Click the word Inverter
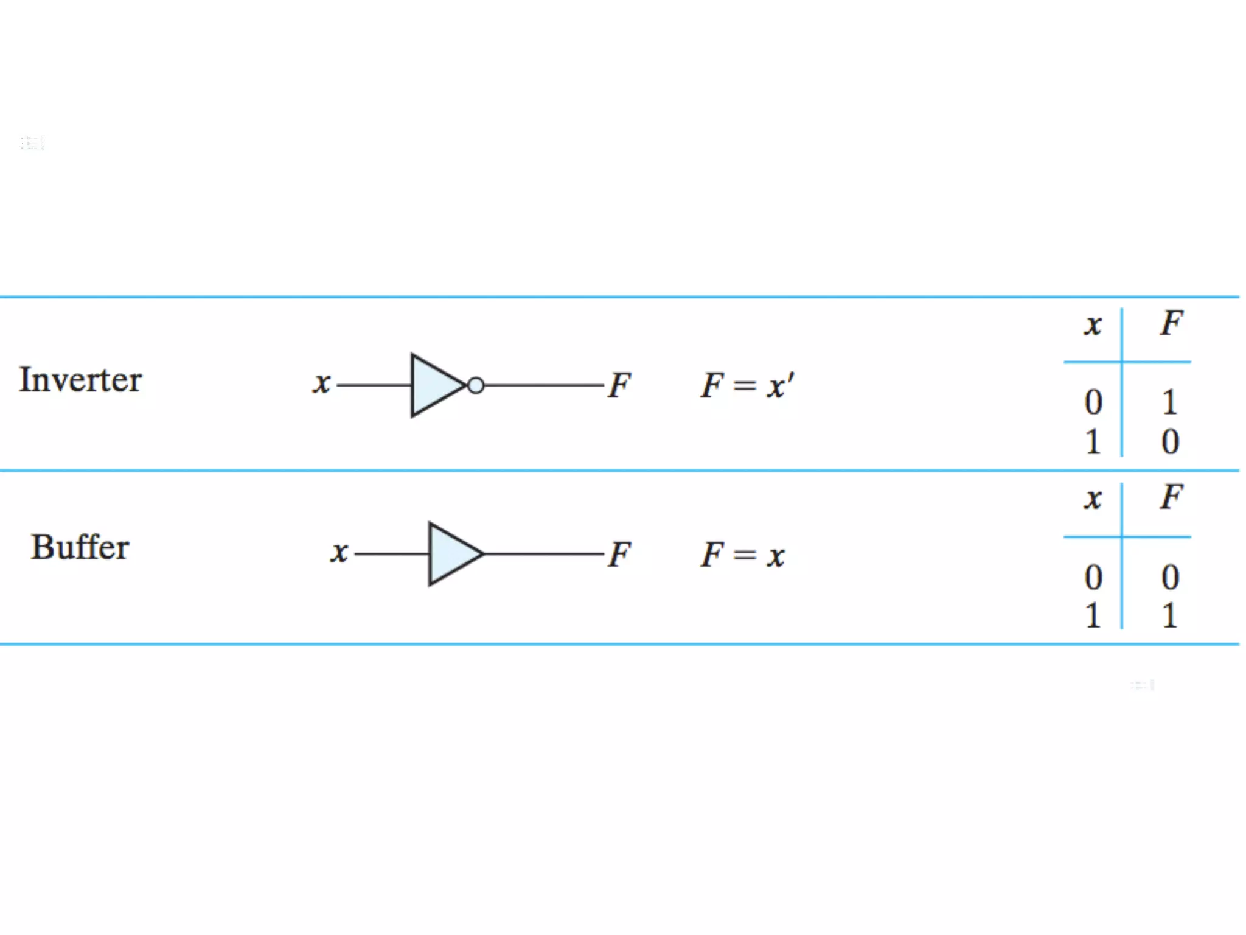click(x=80, y=380)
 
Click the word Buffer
click(x=80, y=547)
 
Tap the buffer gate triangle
click(x=452, y=554)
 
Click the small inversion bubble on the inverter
click(x=476, y=385)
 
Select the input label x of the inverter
click(x=322, y=384)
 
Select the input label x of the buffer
click(x=339, y=553)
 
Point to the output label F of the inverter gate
click(x=620, y=385)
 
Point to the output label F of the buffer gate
click(x=620, y=554)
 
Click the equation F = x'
click(x=747, y=385)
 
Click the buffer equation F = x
click(x=742, y=555)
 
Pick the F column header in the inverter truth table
click(x=1171, y=323)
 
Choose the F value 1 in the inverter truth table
click(x=1169, y=402)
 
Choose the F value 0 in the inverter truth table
click(x=1170, y=441)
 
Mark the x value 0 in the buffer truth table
click(x=1093, y=577)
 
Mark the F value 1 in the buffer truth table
click(x=1169, y=615)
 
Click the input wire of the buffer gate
click(x=392, y=554)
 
